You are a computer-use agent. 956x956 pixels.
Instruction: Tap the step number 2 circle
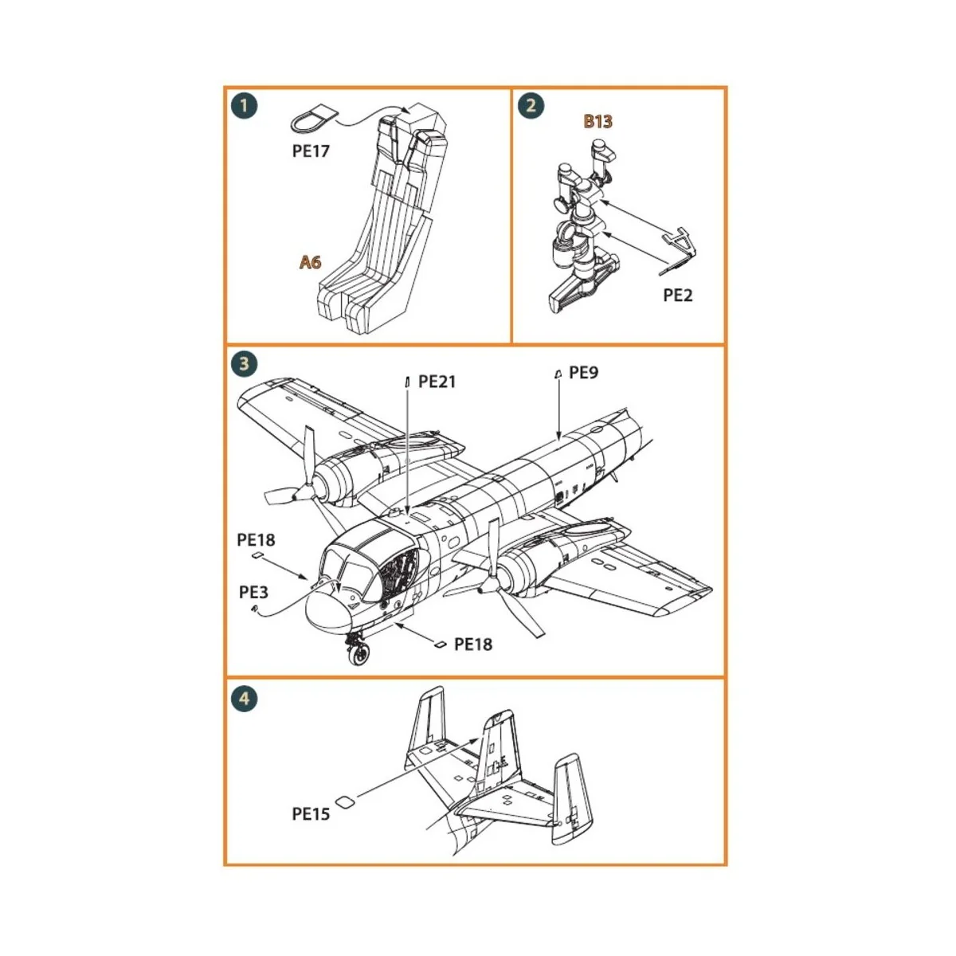(531, 106)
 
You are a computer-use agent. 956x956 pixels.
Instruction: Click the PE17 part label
(310, 151)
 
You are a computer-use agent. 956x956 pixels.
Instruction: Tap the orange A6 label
(311, 261)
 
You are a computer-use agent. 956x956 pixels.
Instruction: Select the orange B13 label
(597, 121)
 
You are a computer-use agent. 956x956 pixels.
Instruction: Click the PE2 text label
(678, 295)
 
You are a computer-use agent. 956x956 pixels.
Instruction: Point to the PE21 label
(437, 382)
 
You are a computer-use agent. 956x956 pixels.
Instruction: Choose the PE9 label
(583, 372)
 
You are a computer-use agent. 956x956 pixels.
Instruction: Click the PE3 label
(253, 592)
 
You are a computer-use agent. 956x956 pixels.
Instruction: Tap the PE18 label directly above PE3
(256, 540)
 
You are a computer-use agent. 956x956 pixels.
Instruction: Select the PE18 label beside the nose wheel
(473, 645)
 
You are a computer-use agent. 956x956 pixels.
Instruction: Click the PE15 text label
(311, 813)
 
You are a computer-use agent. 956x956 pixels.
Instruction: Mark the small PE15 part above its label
(343, 802)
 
